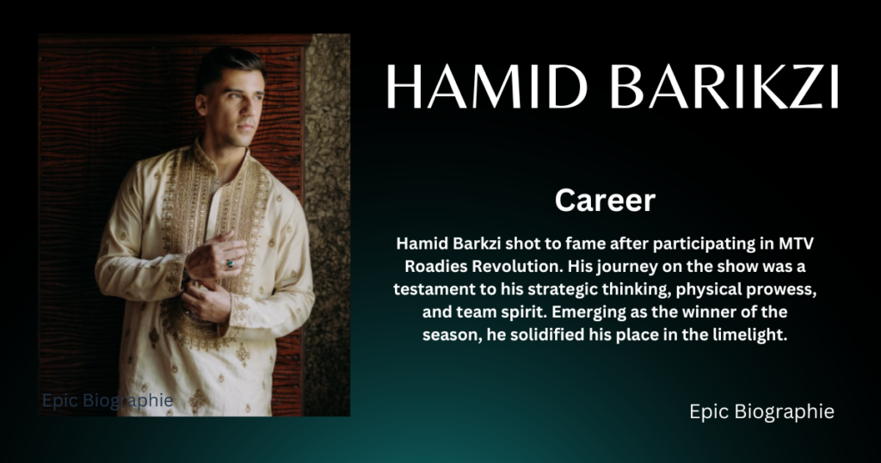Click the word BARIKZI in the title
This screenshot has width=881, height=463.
(x=724, y=87)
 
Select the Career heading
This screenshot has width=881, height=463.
(x=605, y=200)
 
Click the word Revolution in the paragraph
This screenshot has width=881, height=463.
(x=514, y=266)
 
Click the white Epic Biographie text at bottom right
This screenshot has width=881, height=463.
(x=761, y=411)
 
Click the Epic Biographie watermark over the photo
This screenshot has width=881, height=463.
(x=108, y=401)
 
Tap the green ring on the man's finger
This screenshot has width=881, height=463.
(x=230, y=263)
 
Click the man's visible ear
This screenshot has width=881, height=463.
(x=201, y=104)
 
